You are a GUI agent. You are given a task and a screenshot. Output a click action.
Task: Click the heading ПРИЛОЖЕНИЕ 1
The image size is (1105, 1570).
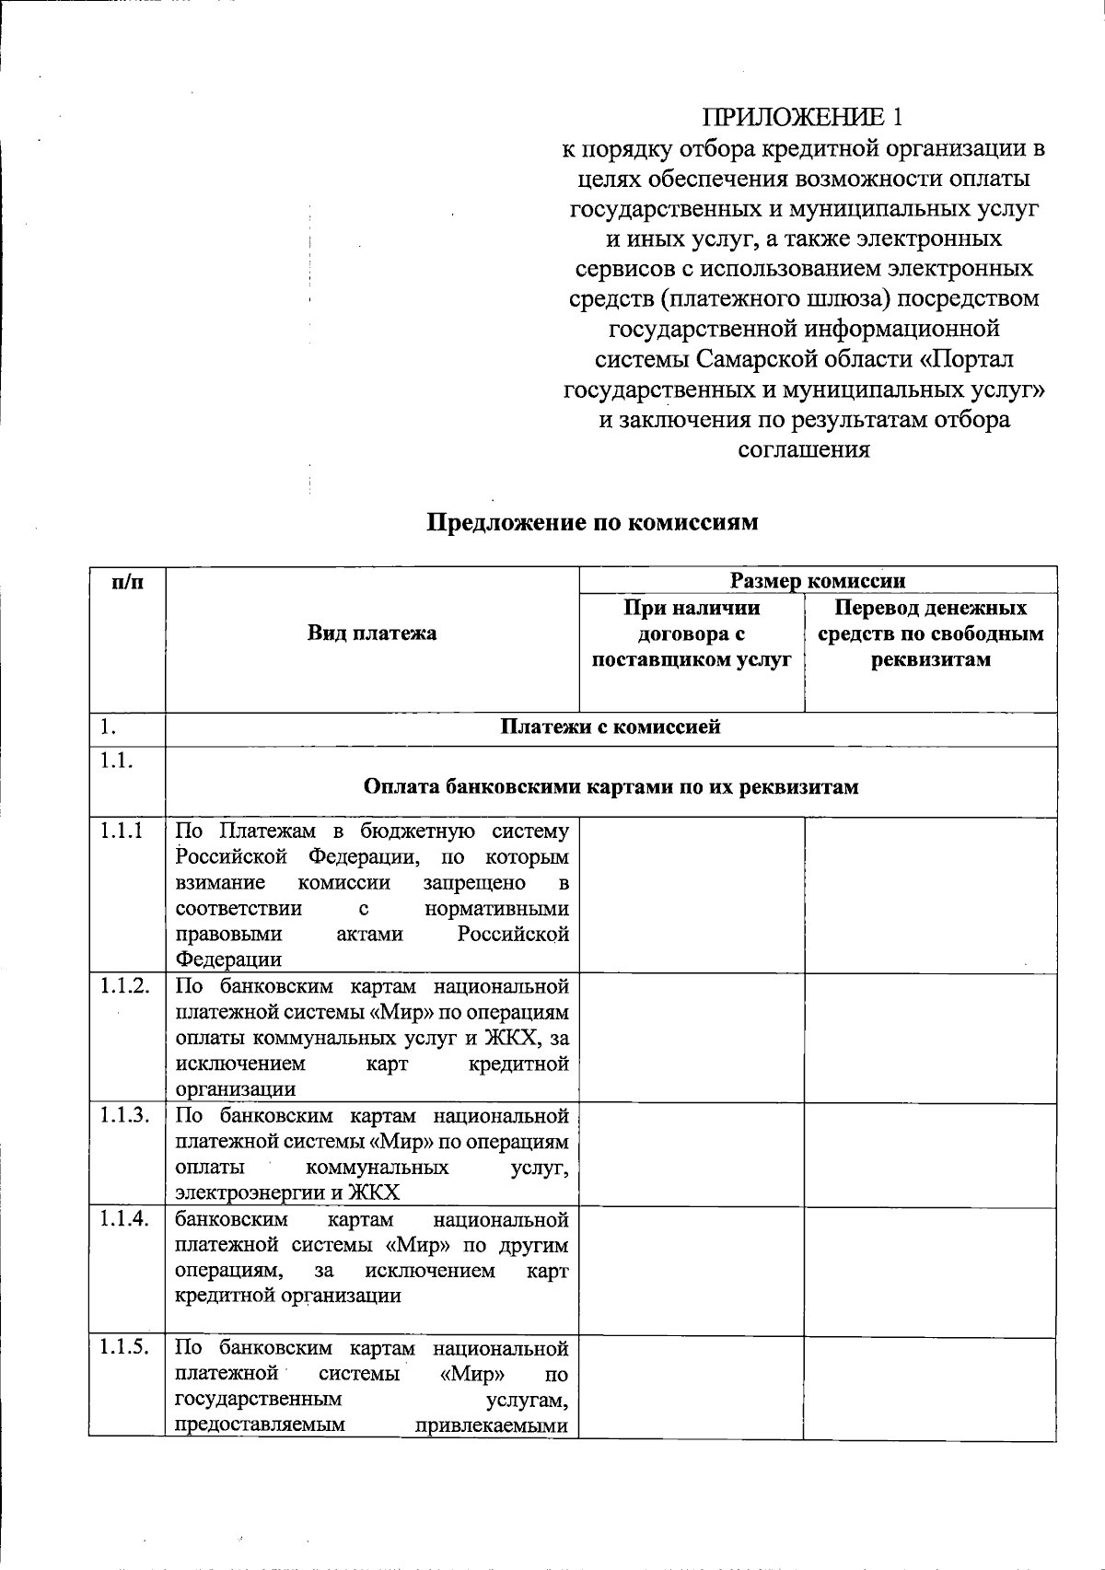tap(803, 117)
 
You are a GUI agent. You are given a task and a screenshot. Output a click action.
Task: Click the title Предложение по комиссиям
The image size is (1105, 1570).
tap(592, 522)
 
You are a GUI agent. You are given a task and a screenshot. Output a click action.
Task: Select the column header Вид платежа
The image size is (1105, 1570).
tap(372, 634)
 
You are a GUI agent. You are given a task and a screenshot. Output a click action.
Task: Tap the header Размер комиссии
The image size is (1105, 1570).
tap(818, 580)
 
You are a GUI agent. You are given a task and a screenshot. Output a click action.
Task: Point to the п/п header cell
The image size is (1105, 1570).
tap(127, 582)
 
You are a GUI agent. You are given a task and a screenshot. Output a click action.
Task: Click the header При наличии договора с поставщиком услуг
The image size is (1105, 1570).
tap(692, 634)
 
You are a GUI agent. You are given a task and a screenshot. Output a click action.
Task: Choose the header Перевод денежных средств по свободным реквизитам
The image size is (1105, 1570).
tap(930, 634)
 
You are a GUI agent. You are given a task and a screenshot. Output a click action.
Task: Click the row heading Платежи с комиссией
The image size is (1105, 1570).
tap(610, 727)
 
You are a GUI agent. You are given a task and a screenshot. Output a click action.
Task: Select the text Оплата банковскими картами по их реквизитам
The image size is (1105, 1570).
tap(611, 787)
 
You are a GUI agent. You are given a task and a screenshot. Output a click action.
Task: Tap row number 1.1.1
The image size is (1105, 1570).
tap(122, 831)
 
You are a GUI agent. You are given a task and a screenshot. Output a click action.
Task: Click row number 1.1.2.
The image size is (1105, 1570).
tap(125, 986)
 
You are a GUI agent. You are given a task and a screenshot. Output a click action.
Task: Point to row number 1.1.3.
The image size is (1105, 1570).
tap(125, 1116)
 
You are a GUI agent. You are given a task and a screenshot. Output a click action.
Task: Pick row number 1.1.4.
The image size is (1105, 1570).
tap(125, 1219)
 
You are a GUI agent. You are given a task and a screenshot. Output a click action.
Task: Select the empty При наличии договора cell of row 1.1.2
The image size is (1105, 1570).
tap(692, 1038)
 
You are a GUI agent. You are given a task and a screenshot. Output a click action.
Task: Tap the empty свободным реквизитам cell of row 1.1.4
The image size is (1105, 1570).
tap(930, 1271)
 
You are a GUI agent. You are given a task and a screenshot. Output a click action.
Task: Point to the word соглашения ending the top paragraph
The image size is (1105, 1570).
tap(804, 450)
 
